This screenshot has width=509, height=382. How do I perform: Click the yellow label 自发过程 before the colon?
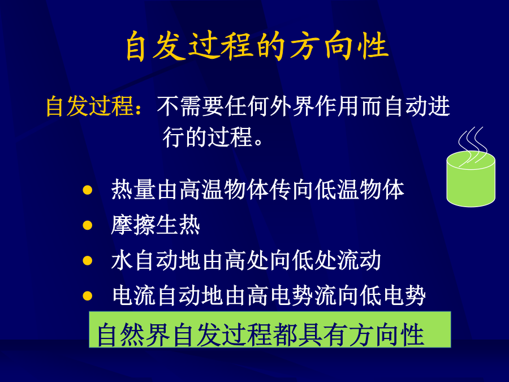point(89,106)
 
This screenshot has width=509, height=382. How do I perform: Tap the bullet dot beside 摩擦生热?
point(87,225)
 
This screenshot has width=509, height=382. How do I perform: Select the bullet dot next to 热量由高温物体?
point(87,190)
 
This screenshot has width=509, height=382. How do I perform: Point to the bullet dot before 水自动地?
point(87,260)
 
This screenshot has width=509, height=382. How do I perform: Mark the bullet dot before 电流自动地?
point(87,295)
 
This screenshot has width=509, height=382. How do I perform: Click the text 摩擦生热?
point(156,225)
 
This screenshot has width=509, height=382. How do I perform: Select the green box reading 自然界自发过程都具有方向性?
point(270,330)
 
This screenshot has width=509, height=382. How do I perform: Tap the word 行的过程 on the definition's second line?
point(208,137)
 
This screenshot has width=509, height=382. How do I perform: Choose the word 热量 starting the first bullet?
point(133,190)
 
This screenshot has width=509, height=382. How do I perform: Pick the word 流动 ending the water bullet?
point(359,260)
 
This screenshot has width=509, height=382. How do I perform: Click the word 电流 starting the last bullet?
point(133,295)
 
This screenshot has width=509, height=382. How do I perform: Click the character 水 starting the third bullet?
point(122,260)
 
